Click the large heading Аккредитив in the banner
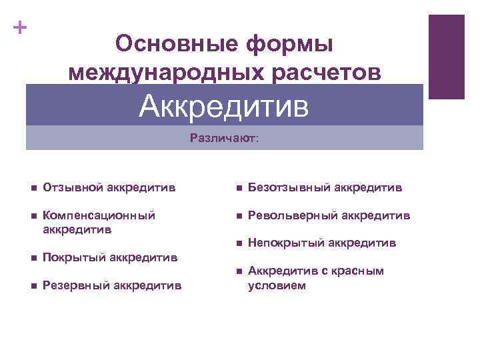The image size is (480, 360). point(224,105)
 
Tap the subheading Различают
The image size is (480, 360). point(225,139)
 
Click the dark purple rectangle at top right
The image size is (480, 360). point(446,57)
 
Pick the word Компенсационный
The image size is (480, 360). point(99,216)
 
